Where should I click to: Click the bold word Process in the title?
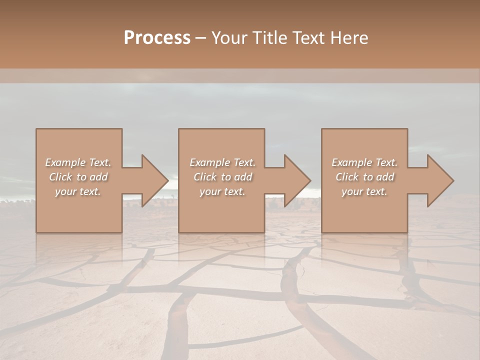click(x=157, y=38)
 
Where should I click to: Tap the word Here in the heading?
click(x=350, y=38)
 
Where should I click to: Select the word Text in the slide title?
click(x=308, y=38)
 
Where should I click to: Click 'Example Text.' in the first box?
click(x=78, y=162)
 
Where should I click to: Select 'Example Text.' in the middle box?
click(x=222, y=162)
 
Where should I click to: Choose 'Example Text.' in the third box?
click(x=364, y=162)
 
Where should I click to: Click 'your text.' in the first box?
click(x=78, y=191)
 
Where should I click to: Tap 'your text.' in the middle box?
click(x=222, y=191)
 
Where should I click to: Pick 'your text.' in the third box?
click(x=364, y=191)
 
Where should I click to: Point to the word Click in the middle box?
click(x=205, y=177)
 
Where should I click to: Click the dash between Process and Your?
click(x=200, y=38)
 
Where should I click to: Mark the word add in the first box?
click(x=98, y=177)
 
